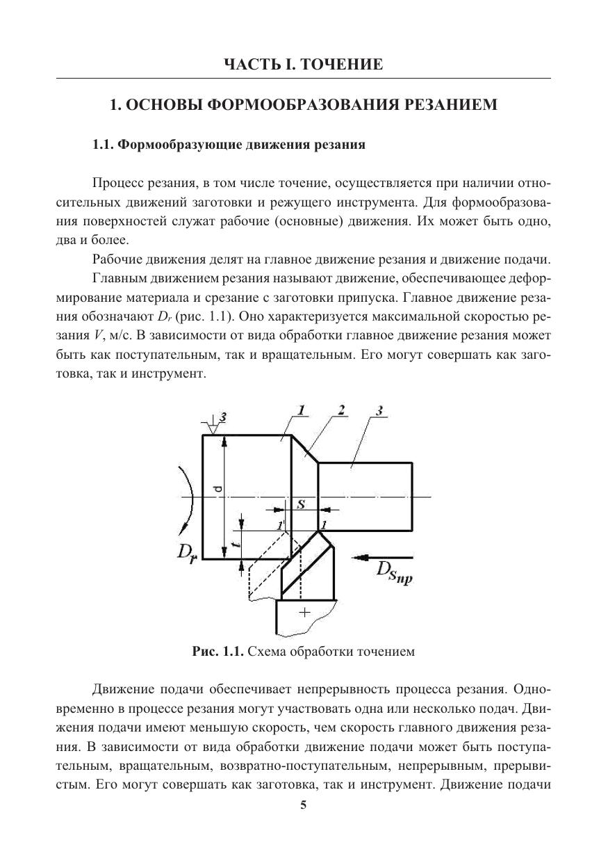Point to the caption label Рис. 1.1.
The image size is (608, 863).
click(217, 652)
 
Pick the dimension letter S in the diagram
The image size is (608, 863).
click(302, 506)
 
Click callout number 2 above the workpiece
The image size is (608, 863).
click(342, 410)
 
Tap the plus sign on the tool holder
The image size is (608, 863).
click(303, 612)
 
